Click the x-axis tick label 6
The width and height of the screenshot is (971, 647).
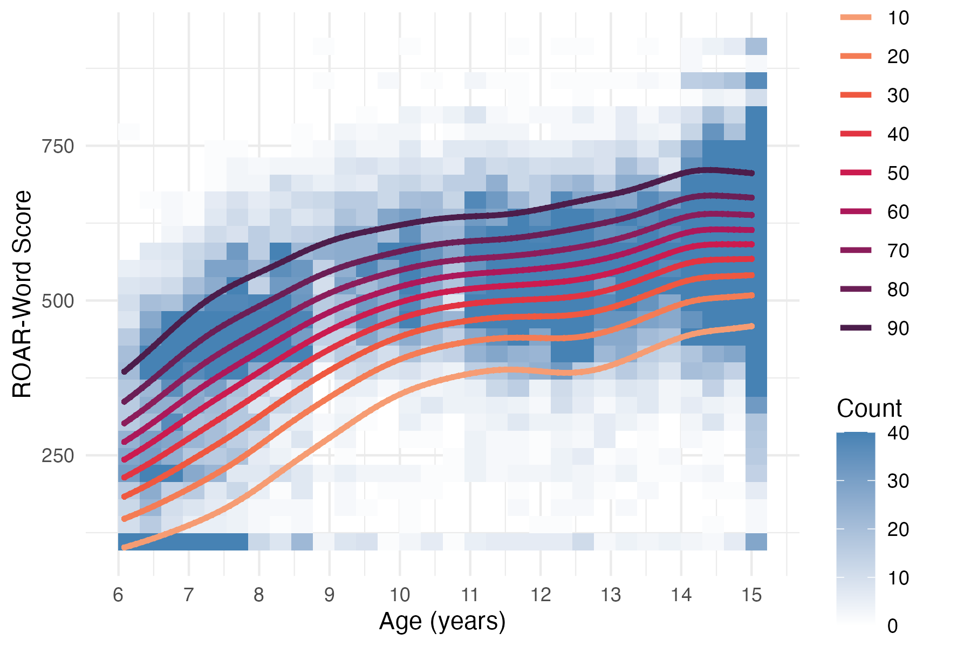[x=118, y=595]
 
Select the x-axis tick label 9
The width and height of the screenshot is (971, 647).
[x=329, y=595]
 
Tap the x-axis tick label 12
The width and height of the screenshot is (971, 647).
[x=541, y=595]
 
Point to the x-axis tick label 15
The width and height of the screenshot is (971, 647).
[x=751, y=595]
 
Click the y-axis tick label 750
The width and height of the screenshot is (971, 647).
[x=58, y=146]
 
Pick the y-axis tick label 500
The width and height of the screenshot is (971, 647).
[x=58, y=301]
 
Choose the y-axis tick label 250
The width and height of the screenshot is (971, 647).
[x=58, y=456]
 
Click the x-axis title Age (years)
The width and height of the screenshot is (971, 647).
[x=442, y=622]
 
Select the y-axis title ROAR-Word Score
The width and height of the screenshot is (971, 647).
[x=23, y=294]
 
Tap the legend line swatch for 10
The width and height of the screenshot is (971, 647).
[x=856, y=18]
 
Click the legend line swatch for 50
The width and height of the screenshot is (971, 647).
[x=856, y=173]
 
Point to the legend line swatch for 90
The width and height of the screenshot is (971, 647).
[x=856, y=328]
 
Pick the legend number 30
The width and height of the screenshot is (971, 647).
[x=898, y=95]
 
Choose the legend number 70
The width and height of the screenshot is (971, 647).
[x=898, y=251]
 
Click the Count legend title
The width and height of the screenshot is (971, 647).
[x=869, y=409]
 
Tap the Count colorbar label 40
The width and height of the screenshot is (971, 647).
[x=898, y=433]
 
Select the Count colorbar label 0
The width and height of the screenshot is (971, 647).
[x=893, y=626]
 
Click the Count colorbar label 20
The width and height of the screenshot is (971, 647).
[x=898, y=529]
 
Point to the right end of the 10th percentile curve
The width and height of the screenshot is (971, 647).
[x=751, y=326]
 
